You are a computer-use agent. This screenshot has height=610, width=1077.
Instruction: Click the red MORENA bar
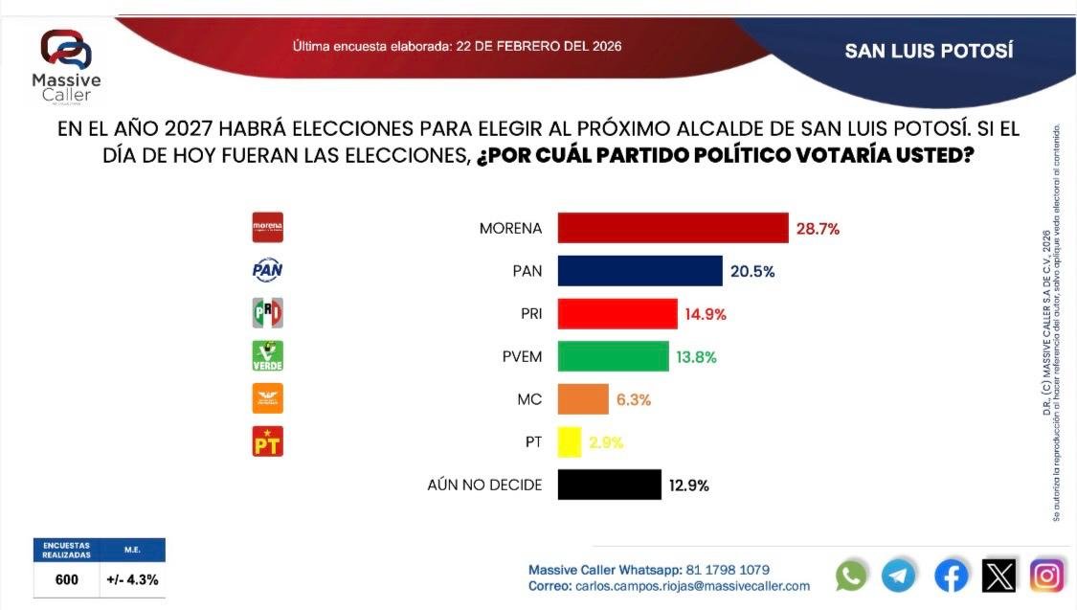(x=672, y=229)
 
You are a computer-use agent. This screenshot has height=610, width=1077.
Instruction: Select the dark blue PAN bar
(x=639, y=271)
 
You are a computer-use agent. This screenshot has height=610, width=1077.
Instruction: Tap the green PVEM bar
(x=613, y=356)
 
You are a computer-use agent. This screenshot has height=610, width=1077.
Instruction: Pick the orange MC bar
(x=583, y=399)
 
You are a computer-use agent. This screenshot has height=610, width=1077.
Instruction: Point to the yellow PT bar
(x=570, y=441)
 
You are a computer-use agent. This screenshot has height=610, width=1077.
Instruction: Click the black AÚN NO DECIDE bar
(x=609, y=485)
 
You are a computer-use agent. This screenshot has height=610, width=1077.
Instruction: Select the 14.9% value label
(x=707, y=314)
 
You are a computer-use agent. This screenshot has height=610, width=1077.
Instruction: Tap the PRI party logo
(x=267, y=313)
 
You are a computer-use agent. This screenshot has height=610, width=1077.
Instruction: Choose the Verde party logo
(x=267, y=355)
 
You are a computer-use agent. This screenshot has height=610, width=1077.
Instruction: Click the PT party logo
(x=267, y=441)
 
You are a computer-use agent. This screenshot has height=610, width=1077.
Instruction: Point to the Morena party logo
(x=267, y=228)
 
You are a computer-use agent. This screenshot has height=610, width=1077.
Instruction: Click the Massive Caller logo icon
(x=66, y=50)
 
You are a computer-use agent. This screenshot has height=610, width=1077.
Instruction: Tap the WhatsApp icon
(x=851, y=576)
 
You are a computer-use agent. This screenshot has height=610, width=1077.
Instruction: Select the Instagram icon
(x=1047, y=576)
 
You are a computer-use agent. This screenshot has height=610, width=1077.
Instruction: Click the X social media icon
(x=999, y=576)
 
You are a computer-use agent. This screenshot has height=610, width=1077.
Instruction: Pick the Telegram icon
(x=899, y=576)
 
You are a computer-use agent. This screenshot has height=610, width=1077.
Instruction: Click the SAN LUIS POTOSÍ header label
(x=929, y=51)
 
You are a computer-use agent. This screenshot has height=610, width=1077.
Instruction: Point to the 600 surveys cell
(x=66, y=579)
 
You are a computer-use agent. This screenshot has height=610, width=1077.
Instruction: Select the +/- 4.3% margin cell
(x=133, y=579)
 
